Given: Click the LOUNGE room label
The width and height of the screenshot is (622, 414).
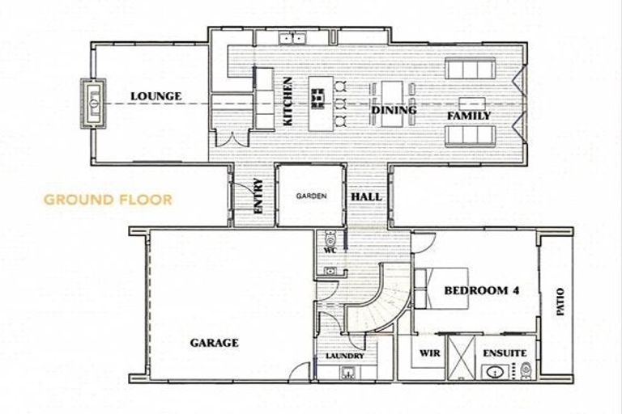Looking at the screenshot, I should (155, 97).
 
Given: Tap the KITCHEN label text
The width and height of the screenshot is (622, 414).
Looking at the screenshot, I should (288, 100).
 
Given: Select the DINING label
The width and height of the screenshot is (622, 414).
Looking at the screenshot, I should (394, 110).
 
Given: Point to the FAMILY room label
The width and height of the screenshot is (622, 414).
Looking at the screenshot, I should (469, 116).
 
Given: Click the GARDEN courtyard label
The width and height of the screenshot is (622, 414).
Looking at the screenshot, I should (310, 196).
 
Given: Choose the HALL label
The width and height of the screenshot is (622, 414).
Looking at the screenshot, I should (366, 197).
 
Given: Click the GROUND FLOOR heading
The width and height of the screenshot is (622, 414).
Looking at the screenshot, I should (108, 199).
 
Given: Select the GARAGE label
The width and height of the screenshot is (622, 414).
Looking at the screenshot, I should (214, 343).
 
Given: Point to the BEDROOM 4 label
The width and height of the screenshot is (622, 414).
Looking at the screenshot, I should (481, 291).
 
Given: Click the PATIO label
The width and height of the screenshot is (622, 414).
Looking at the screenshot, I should (560, 302).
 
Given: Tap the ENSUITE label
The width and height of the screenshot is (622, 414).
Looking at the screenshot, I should (505, 353).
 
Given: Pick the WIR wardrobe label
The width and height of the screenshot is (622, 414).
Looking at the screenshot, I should (428, 353).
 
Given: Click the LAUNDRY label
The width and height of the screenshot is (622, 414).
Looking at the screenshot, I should (345, 357).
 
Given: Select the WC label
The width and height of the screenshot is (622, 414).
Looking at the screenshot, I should (330, 251).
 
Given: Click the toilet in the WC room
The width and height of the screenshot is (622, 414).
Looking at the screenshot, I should (330, 239).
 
